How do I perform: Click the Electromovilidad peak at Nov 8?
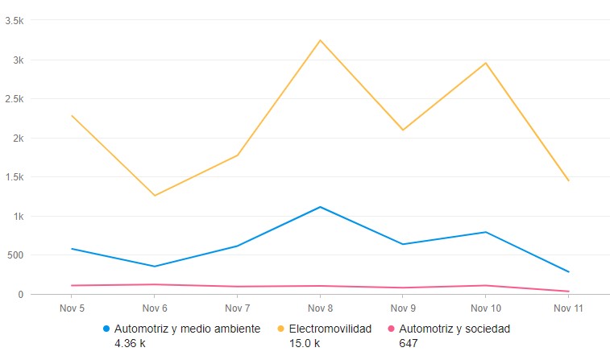pyautogui.click(x=321, y=40)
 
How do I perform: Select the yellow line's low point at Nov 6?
pyautogui.click(x=154, y=195)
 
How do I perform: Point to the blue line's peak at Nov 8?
pyautogui.click(x=321, y=207)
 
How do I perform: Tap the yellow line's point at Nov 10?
pyautogui.click(x=486, y=63)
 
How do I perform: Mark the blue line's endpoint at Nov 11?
pyautogui.click(x=568, y=272)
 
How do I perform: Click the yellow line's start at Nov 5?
pyautogui.click(x=72, y=116)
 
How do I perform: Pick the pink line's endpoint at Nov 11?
pyautogui.click(x=568, y=292)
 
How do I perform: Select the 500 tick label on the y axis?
pyautogui.click(x=16, y=255)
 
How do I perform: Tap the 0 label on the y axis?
pyautogui.click(x=21, y=295)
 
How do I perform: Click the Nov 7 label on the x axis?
pyautogui.click(x=237, y=308)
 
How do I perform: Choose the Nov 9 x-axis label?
pyautogui.click(x=403, y=308)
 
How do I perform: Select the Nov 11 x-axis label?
pyautogui.click(x=568, y=308)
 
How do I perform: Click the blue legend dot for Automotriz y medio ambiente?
pyautogui.click(x=106, y=329)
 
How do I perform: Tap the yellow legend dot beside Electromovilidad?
pyautogui.click(x=281, y=329)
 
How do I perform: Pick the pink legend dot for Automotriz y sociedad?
pyautogui.click(x=392, y=329)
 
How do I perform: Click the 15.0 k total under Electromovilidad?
pyautogui.click(x=305, y=343)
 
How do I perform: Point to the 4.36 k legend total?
pyautogui.click(x=131, y=343)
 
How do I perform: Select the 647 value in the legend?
pyautogui.click(x=408, y=343)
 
